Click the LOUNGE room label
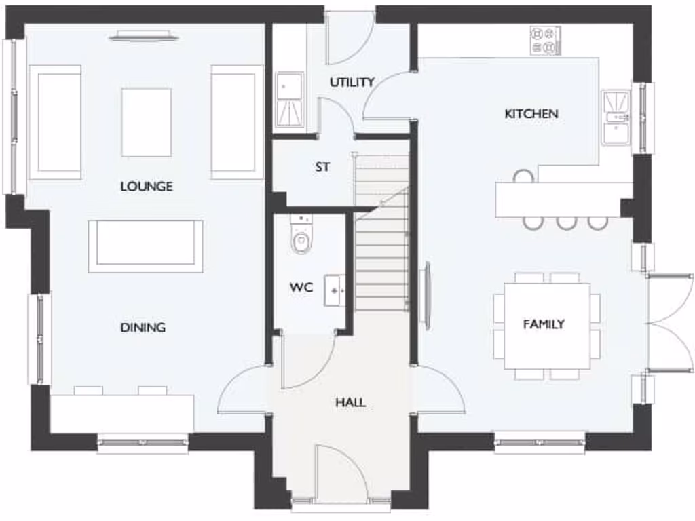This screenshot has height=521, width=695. coord(147,186)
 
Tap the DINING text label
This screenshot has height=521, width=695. coord(143,327)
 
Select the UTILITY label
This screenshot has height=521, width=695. coord(352,82)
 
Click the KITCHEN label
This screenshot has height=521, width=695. coord(531,113)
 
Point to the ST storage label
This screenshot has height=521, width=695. coord(322,166)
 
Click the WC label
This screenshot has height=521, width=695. coord(301,287)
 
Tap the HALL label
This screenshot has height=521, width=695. coord(350,402)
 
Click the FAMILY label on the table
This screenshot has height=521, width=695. coord(544,324)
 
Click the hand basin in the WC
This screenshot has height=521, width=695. coord(335,290)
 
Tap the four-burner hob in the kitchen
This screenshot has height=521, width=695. coord(545,41)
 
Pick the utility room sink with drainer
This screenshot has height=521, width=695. coord(290,100)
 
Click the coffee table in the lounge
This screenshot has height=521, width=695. coord(147,122)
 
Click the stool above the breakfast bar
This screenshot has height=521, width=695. coord(523,176)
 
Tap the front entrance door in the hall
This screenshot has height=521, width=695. coord(341,475)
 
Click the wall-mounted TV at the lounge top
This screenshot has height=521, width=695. coord(144,36)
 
